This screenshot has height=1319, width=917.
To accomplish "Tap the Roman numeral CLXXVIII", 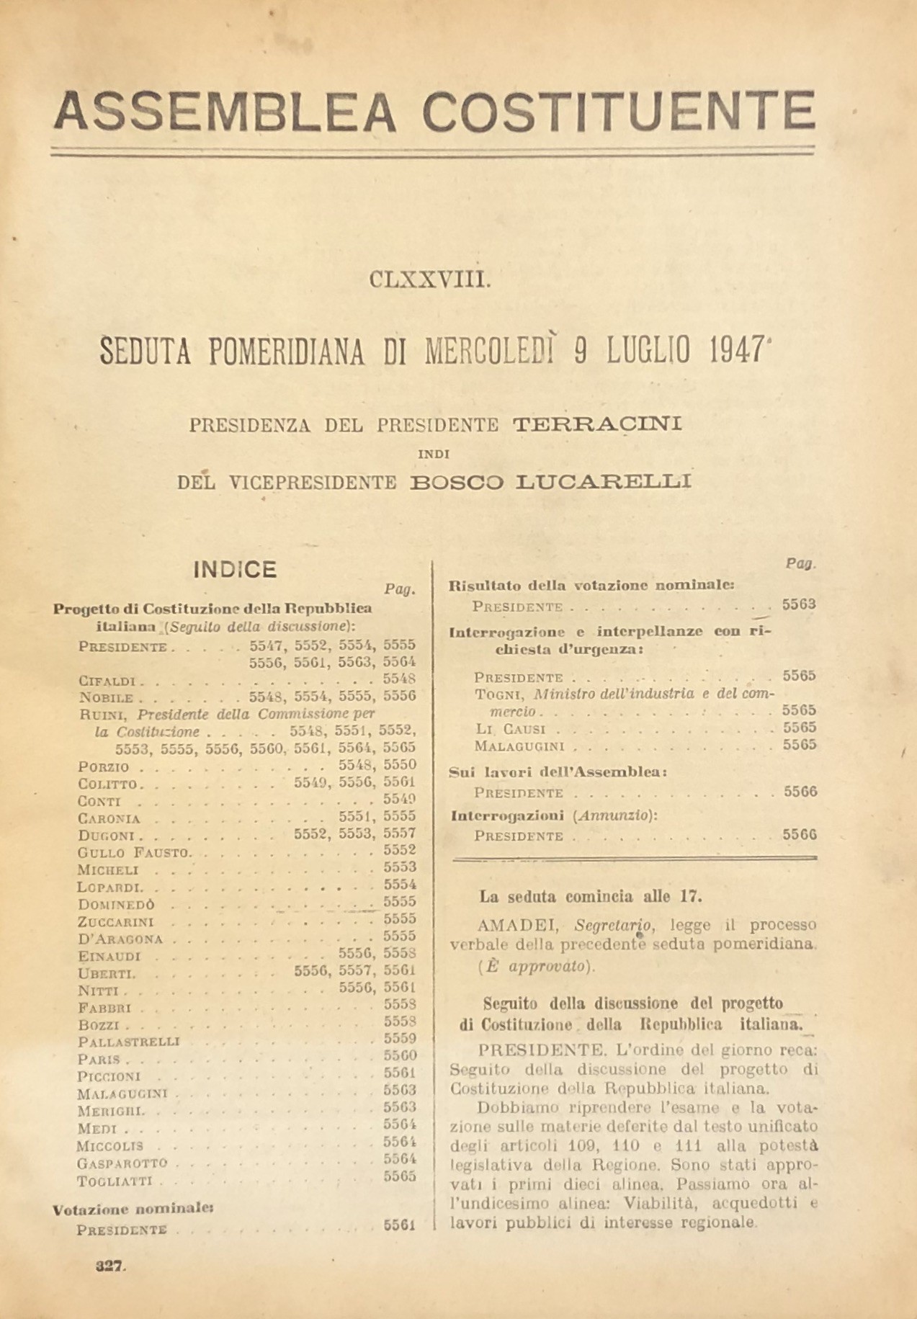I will click(430, 280).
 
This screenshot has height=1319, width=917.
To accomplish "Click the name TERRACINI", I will click(597, 424).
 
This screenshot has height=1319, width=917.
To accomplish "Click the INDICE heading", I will click(235, 570).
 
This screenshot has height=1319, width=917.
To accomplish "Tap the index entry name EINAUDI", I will click(109, 957).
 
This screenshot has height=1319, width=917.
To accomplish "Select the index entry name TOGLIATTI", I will click(118, 1181).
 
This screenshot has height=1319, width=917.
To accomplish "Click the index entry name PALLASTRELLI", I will click(129, 1042).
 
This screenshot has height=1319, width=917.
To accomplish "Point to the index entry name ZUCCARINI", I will click(116, 922).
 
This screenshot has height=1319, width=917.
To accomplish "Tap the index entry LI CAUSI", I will click(509, 729).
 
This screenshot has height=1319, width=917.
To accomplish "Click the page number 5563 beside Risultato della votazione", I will click(799, 604).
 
